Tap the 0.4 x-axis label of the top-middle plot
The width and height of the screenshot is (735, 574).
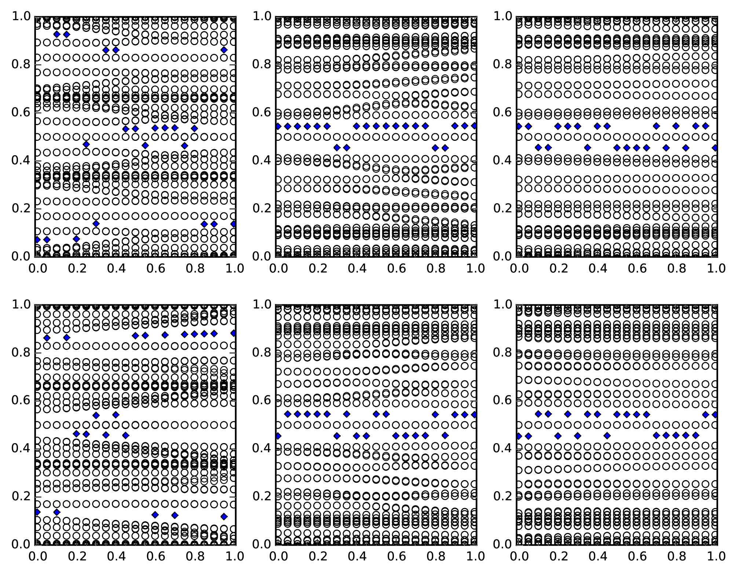(356, 268)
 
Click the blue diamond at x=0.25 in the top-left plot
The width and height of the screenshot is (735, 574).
(86, 145)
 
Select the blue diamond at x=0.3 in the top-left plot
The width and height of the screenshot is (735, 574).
(96, 224)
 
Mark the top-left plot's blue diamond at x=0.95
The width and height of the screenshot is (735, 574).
(224, 50)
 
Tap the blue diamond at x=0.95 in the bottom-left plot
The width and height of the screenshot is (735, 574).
(224, 516)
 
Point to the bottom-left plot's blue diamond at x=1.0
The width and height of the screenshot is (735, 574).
(234, 333)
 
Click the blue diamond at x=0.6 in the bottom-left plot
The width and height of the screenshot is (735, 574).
(155, 515)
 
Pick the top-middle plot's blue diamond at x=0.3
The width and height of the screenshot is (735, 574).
(337, 148)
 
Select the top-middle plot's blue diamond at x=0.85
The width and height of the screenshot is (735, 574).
(445, 148)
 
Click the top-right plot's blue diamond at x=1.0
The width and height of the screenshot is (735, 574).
(715, 148)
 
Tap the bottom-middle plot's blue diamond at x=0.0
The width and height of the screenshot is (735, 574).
(278, 436)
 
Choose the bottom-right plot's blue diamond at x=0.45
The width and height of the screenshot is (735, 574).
(607, 436)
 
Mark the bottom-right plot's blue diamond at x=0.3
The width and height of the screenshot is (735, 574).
(578, 436)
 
